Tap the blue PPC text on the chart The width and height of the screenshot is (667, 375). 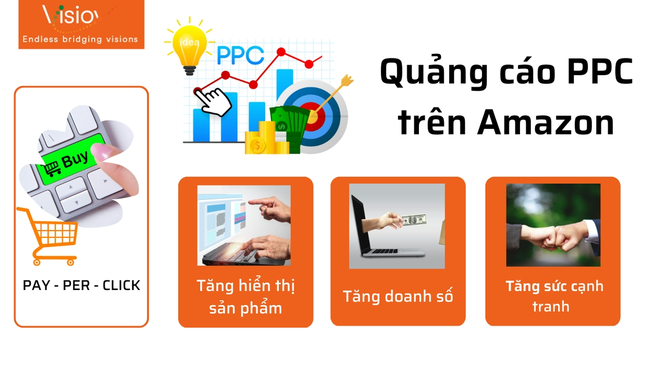pyautogui.click(x=240, y=56)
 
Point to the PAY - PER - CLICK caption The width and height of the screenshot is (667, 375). pyautogui.click(x=81, y=285)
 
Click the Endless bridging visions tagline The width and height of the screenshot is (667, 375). pyautogui.click(x=80, y=39)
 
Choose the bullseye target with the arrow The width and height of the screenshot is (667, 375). pyautogui.click(x=313, y=115)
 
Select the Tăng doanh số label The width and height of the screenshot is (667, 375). pyautogui.click(x=398, y=296)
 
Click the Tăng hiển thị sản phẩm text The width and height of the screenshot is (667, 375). pyautogui.click(x=246, y=297)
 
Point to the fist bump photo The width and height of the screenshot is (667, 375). pyautogui.click(x=553, y=225)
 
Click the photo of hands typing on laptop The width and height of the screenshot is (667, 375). pyautogui.click(x=244, y=225)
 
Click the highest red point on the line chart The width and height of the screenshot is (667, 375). pyautogui.click(x=281, y=52)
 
